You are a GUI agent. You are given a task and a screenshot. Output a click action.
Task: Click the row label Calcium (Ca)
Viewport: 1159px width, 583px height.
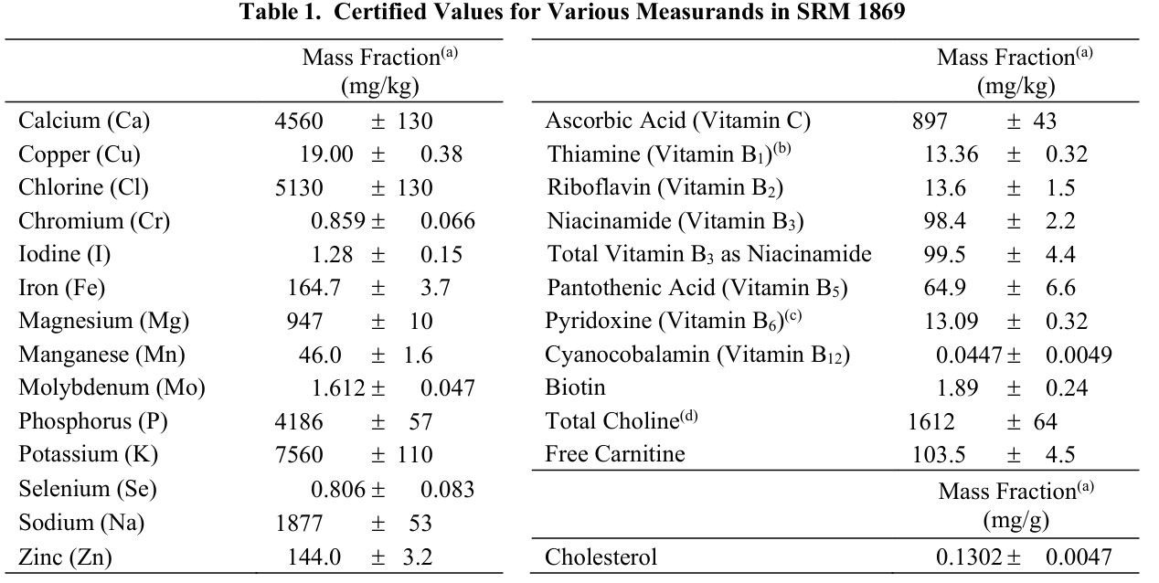pyautogui.click(x=84, y=121)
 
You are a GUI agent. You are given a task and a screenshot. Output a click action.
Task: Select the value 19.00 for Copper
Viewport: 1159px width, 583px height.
pyautogui.click(x=326, y=154)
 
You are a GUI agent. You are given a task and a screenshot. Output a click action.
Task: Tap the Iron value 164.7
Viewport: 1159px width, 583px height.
pyautogui.click(x=314, y=288)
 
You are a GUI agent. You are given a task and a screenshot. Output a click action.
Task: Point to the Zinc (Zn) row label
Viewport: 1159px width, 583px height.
pyautogui.click(x=65, y=557)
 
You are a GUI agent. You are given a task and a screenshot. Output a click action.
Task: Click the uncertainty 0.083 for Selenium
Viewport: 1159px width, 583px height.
pyautogui.click(x=447, y=490)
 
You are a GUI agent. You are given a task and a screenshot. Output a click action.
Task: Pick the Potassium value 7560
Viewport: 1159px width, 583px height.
pyautogui.click(x=299, y=455)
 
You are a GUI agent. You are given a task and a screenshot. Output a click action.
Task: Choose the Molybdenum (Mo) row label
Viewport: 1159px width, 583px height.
pyautogui.click(x=112, y=388)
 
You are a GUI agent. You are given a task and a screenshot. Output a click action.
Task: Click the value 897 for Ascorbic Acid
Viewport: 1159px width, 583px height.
pyautogui.click(x=930, y=121)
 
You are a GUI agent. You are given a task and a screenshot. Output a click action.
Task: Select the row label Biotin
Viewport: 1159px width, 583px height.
pyautogui.click(x=575, y=387)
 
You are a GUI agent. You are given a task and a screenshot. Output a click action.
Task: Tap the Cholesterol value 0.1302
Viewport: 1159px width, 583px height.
pyautogui.click(x=969, y=557)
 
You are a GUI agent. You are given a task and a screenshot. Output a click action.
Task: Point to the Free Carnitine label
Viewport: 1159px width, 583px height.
pyautogui.click(x=614, y=454)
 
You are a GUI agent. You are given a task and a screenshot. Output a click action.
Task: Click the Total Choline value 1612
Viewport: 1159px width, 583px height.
pyautogui.click(x=930, y=421)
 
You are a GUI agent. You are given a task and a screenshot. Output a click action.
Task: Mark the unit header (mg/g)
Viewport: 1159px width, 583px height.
pyautogui.click(x=1015, y=520)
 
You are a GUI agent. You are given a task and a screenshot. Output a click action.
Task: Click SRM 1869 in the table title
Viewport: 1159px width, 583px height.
pyautogui.click(x=851, y=11)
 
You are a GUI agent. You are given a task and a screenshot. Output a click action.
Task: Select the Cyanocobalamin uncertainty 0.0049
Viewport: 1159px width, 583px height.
pyautogui.click(x=1079, y=355)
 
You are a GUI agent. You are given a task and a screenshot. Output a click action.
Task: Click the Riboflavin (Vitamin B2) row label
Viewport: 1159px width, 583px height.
pyautogui.click(x=665, y=187)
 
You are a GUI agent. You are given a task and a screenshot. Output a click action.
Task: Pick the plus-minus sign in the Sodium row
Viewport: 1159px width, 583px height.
pyautogui.click(x=377, y=524)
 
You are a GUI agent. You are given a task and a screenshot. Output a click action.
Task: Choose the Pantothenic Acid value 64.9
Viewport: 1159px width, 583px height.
pyautogui.click(x=945, y=288)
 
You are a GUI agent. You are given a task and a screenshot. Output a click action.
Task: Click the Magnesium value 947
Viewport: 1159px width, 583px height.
pyautogui.click(x=304, y=322)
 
